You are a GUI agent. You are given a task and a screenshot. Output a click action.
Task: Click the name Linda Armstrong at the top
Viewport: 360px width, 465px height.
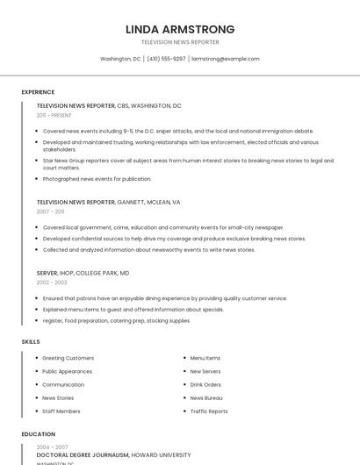coord(180,29)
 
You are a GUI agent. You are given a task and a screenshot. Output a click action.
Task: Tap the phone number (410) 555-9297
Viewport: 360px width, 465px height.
coord(166,59)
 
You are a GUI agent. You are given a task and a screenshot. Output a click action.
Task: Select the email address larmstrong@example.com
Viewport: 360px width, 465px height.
coord(226,59)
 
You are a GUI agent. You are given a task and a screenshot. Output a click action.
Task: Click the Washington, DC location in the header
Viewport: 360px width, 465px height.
coord(120,59)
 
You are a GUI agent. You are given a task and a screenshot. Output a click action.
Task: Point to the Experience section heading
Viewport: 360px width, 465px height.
coord(38,92)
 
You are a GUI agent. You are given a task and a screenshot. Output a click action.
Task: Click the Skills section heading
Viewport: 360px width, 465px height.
coord(31,341)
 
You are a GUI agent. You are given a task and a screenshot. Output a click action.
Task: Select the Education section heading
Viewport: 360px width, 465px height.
coord(39,433)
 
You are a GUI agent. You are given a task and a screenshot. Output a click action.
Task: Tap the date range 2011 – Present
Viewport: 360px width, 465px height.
coord(54,115)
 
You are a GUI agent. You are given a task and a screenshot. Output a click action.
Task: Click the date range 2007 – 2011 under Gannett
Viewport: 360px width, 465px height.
coord(50,211)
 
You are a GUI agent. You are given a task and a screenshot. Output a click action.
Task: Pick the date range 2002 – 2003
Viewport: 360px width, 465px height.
coord(51,283)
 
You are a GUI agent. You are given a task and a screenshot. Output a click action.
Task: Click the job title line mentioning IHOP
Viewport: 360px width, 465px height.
coord(83,273)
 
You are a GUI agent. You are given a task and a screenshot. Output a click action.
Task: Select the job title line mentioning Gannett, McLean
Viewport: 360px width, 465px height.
coord(108,202)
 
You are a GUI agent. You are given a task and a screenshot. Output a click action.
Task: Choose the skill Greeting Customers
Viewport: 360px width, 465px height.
coord(68,358)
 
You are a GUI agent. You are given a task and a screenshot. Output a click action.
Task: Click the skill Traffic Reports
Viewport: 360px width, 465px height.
coord(209,411)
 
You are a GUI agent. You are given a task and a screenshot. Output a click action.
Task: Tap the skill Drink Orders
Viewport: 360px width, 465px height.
coord(205,384)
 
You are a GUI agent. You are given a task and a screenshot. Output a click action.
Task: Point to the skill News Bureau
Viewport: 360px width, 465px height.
coord(206,397)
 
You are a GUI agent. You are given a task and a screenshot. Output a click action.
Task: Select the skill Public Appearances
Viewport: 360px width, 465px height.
coord(68,371)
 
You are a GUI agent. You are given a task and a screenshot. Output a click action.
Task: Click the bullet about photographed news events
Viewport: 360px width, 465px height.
coord(97,179)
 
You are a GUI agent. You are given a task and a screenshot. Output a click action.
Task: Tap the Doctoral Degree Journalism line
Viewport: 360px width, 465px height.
coord(113,455)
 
